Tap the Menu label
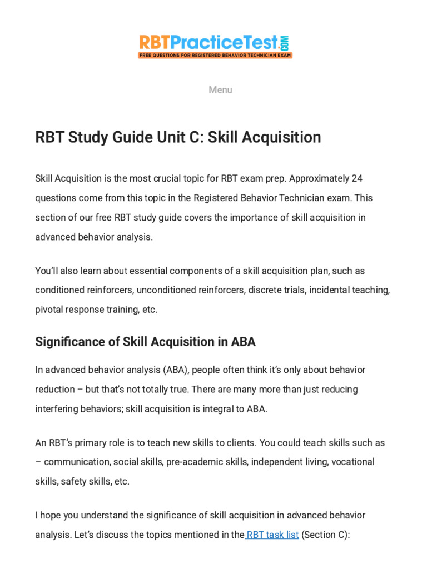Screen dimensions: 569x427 click(220, 90)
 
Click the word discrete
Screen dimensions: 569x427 click(265, 290)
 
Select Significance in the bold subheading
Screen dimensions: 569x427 click(67, 342)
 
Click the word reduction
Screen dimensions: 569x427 click(54, 389)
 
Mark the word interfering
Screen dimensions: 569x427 click(58, 408)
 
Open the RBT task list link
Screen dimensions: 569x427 click(272, 535)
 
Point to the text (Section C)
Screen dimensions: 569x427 click(325, 535)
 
